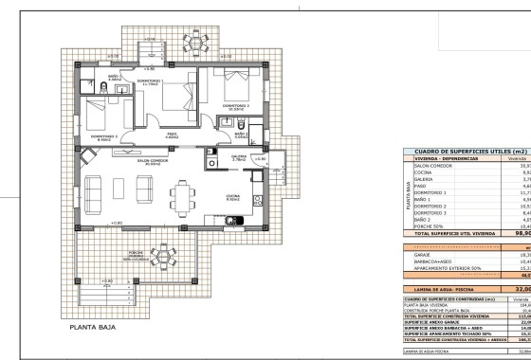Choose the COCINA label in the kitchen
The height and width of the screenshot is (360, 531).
232,199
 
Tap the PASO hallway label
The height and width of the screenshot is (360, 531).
173,135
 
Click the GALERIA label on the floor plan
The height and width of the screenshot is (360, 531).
238,156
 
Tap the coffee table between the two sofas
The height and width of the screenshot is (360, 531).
120,190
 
